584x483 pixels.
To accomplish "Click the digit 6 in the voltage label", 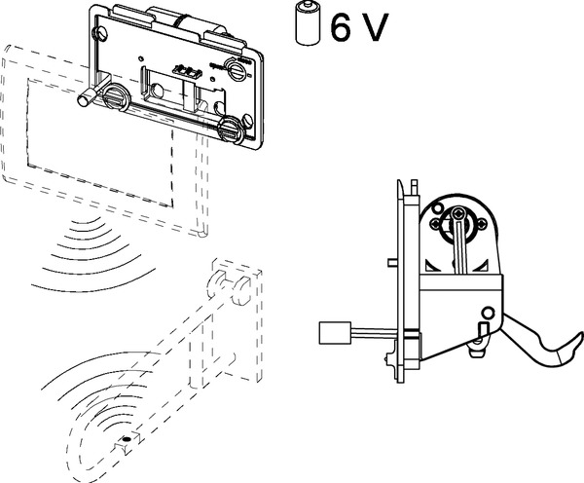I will (341, 25).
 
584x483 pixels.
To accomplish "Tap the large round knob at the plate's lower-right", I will (232, 130).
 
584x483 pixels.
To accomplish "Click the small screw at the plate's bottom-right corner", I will (250, 122).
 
